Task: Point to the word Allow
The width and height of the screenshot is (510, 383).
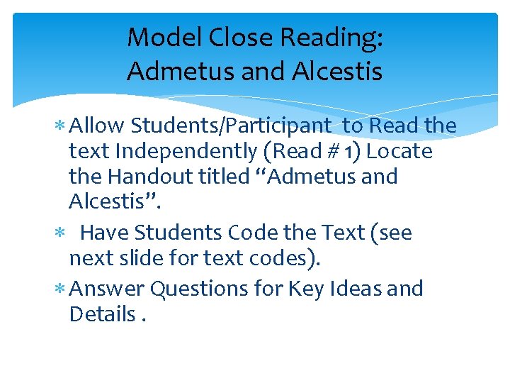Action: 96,126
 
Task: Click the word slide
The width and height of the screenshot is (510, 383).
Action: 147,258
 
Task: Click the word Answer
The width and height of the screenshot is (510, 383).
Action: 108,289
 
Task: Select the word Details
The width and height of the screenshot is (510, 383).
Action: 101,314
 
